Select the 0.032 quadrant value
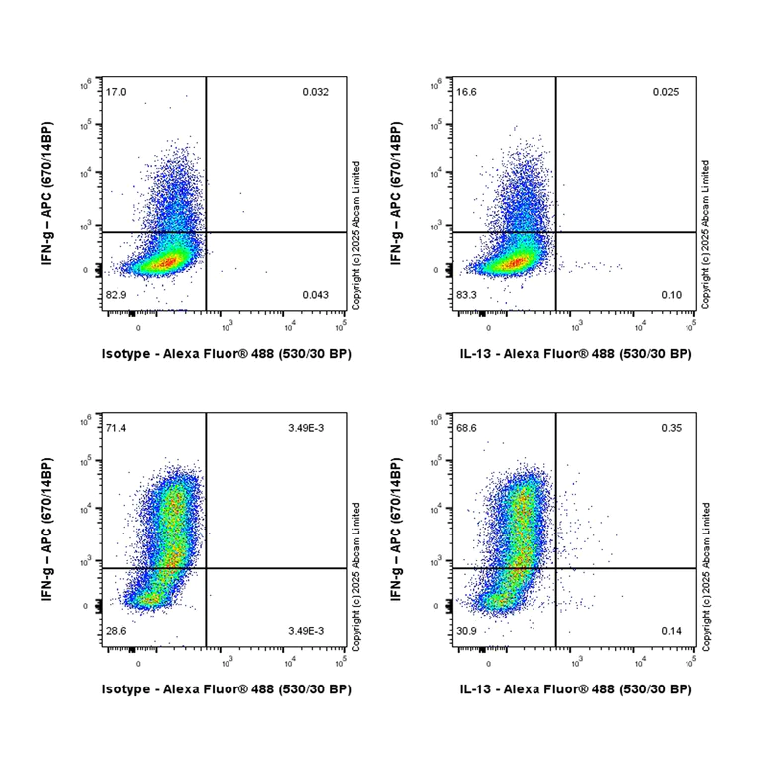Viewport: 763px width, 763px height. (x=316, y=92)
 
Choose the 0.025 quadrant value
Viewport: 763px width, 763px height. (x=666, y=92)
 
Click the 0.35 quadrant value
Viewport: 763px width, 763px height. (x=671, y=427)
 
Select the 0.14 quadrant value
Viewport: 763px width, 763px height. (x=671, y=632)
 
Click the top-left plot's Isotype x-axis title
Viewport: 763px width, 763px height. (x=227, y=353)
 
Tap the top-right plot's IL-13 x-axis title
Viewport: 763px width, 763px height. (x=576, y=353)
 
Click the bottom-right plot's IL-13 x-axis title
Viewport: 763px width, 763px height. (x=576, y=688)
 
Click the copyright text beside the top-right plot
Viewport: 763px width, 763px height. (x=705, y=232)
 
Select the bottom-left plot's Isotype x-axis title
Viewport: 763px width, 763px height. (x=227, y=688)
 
